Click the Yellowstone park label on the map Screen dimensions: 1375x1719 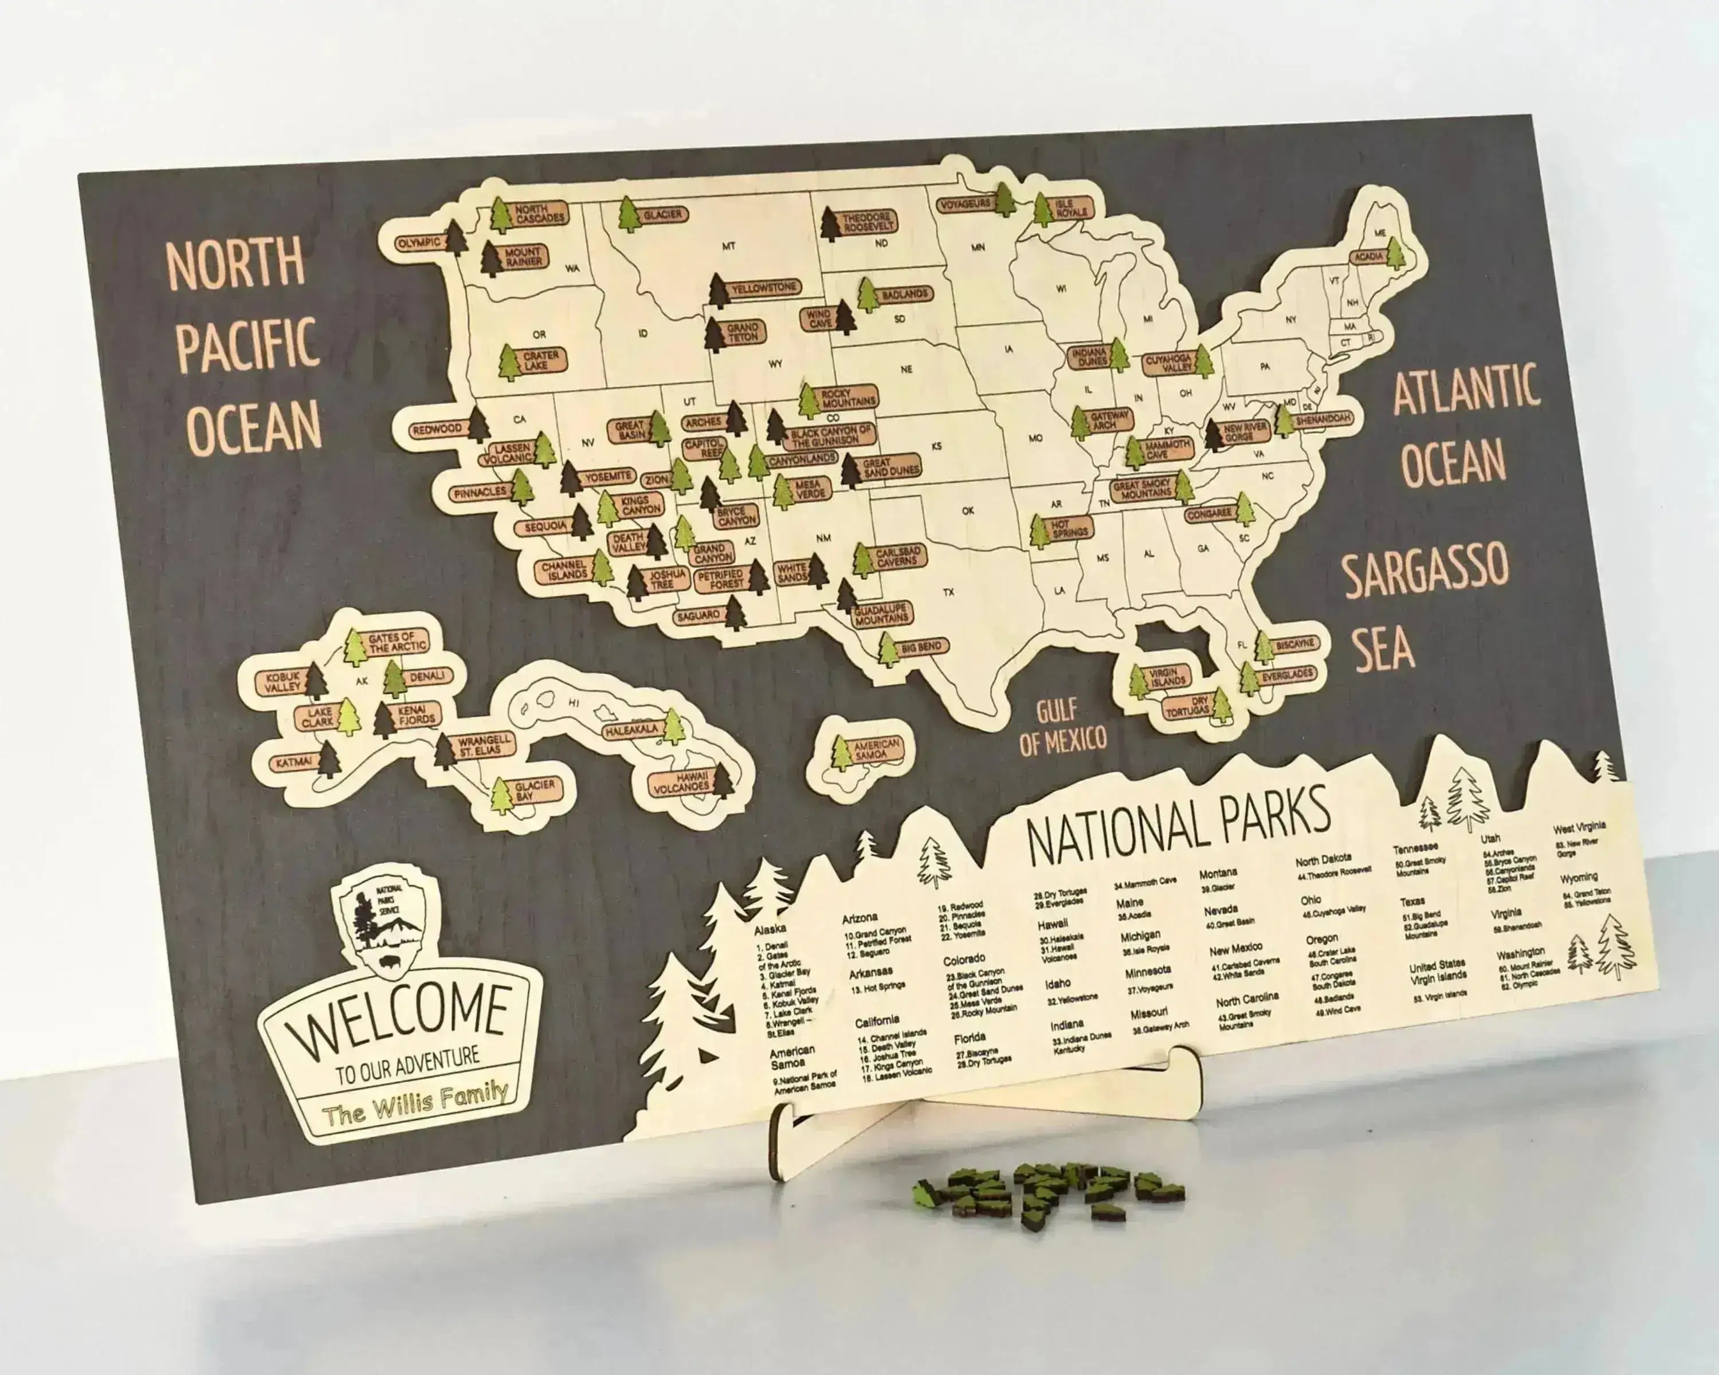click(764, 287)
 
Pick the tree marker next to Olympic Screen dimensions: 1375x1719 click(456, 236)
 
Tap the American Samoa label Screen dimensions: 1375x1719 click(876, 748)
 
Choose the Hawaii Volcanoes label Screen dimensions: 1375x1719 click(682, 782)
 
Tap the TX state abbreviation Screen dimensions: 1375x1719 click(948, 592)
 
